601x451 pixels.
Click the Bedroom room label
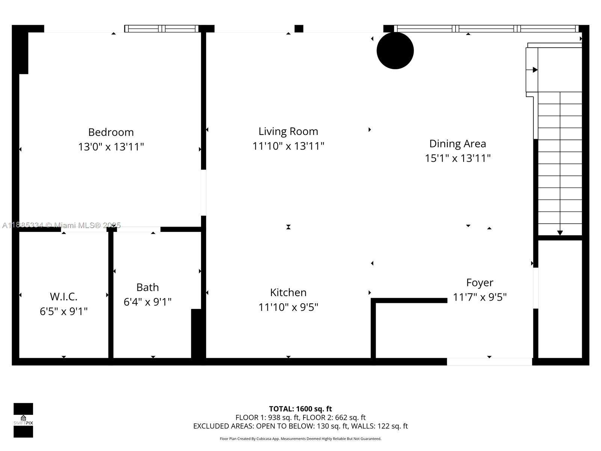click(111, 132)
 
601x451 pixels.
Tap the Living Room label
click(288, 132)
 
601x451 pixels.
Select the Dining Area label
click(458, 144)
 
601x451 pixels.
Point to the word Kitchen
click(288, 292)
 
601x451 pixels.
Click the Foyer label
click(480, 283)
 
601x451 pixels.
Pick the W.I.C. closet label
click(63, 297)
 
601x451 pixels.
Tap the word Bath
click(148, 287)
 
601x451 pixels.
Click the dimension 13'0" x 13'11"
click(111, 147)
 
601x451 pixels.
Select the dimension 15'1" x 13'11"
click(458, 158)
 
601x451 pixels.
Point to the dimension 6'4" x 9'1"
click(148, 302)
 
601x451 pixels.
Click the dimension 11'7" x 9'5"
click(480, 297)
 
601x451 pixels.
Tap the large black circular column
click(395, 51)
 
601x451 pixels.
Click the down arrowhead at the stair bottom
click(560, 233)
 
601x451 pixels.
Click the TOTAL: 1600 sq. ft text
click(300, 409)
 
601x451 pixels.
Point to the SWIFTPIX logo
click(23, 420)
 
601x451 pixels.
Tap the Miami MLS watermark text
click(61, 225)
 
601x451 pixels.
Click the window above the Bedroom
click(162, 29)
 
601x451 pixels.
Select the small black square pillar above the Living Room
click(299, 29)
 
